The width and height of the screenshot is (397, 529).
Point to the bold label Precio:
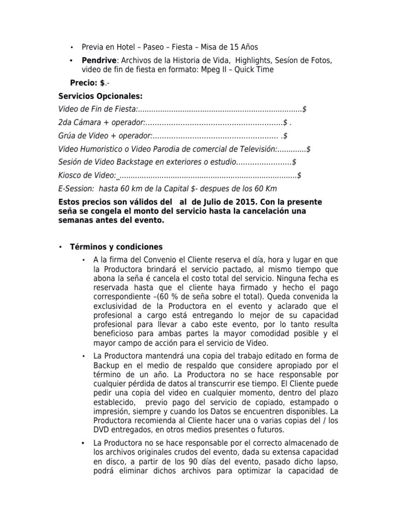pos(84,83)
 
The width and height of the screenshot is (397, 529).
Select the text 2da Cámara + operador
pos(101,122)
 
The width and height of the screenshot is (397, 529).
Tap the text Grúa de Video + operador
pos(105,136)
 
